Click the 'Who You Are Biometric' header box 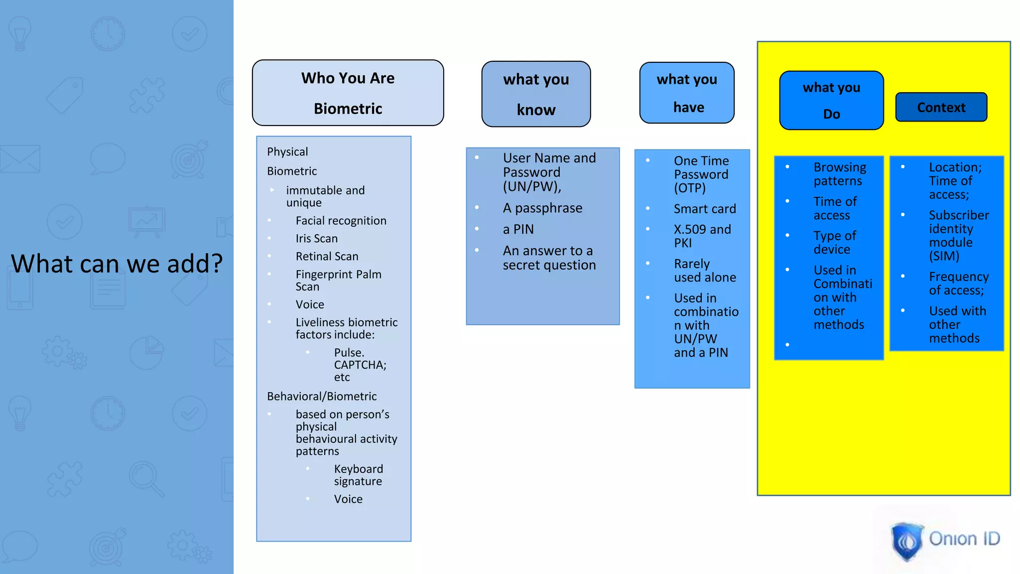point(348,93)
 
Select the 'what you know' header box point(536,94)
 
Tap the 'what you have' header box point(687,93)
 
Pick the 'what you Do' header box point(831,100)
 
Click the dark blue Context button point(941,107)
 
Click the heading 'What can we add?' point(117,264)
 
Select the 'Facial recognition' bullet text point(341,221)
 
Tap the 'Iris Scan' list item point(316,239)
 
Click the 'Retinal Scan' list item point(327,257)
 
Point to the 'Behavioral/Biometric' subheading point(322,397)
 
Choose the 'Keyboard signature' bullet point(358,475)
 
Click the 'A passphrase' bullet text point(542,208)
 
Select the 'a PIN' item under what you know point(518,230)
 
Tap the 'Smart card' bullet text point(705,209)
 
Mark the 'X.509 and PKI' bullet point(702,236)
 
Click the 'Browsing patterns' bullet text point(840,174)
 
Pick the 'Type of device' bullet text point(835,243)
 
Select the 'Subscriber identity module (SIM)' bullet point(958,236)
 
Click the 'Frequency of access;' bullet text point(958,284)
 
